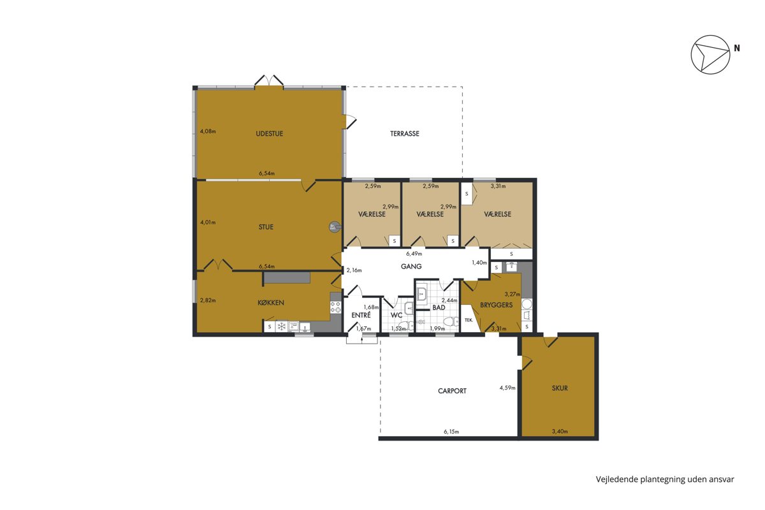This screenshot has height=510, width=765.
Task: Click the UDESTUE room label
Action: [270, 134]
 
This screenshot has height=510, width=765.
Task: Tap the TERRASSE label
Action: [405, 134]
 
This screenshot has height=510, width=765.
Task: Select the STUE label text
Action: [266, 227]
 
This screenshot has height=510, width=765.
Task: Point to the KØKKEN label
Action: [271, 303]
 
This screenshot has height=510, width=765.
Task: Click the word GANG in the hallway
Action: [411, 266]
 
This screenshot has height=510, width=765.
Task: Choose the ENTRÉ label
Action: [361, 315]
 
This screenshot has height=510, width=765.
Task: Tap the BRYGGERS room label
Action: [496, 305]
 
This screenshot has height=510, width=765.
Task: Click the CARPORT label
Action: [452, 391]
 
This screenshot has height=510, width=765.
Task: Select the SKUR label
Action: [560, 388]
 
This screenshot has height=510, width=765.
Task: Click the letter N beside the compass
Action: [737, 48]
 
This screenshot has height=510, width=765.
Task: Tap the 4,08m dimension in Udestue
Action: [208, 131]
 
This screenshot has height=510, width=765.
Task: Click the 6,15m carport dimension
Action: [451, 432]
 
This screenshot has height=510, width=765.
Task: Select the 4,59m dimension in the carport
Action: [507, 388]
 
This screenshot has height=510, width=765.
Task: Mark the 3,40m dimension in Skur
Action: [560, 431]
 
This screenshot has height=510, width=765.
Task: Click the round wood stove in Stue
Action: [333, 227]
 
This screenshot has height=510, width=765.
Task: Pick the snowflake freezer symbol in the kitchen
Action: [281, 326]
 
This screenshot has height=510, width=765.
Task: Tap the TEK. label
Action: [469, 320]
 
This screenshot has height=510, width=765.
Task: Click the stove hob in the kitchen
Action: [336, 307]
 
